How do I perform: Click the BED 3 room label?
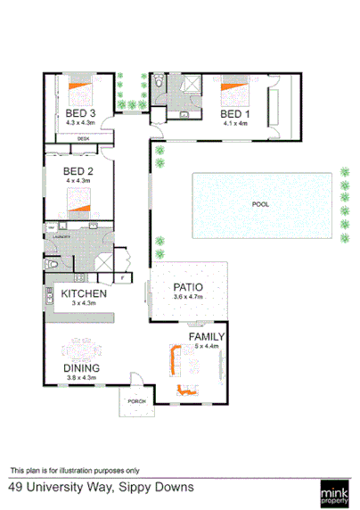[x=81, y=113]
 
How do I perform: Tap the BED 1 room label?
[x=236, y=114]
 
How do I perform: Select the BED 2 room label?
[x=78, y=172]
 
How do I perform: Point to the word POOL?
[x=260, y=204]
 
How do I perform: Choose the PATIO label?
[x=189, y=287]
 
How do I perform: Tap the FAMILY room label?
[x=206, y=336]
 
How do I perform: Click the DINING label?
[x=81, y=367]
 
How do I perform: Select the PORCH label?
[x=137, y=400]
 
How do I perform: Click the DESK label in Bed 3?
[x=83, y=139]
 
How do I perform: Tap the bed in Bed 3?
[x=79, y=89]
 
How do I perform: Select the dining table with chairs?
[x=82, y=344]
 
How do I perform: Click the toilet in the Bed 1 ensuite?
[x=157, y=83]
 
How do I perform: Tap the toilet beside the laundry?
[x=53, y=265]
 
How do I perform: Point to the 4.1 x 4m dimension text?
[x=236, y=124]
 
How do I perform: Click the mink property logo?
[x=336, y=491]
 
